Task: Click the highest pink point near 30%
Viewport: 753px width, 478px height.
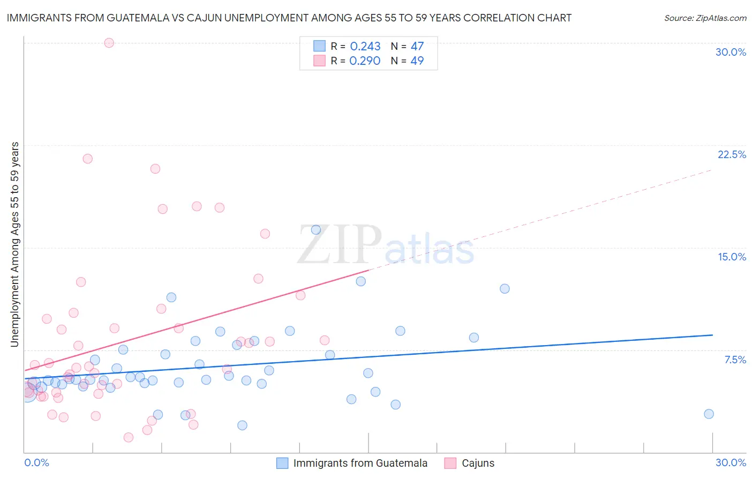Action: (109, 43)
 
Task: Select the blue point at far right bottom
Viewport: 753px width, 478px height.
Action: (709, 414)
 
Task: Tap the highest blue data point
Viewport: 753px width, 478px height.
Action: (316, 230)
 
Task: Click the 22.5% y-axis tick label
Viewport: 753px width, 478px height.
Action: (732, 154)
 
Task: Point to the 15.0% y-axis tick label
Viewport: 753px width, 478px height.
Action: (732, 257)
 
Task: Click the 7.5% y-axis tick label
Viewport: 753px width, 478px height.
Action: (735, 360)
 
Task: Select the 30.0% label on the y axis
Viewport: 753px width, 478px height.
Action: (731, 52)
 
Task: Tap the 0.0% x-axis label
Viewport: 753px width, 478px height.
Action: (36, 462)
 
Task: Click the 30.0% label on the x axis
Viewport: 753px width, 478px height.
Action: (731, 462)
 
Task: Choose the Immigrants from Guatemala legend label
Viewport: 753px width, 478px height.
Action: (360, 463)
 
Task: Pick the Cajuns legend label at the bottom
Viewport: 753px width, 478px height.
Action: (478, 463)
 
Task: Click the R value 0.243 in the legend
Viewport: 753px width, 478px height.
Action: (365, 47)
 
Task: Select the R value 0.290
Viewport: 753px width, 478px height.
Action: (365, 61)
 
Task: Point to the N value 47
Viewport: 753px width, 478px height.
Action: (417, 47)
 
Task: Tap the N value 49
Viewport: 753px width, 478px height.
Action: (417, 61)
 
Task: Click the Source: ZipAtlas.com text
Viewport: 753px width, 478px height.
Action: (705, 18)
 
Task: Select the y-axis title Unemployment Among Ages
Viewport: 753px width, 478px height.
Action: (15, 244)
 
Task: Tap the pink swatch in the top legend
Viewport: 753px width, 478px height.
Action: (320, 61)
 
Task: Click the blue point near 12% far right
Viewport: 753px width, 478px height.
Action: (504, 289)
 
